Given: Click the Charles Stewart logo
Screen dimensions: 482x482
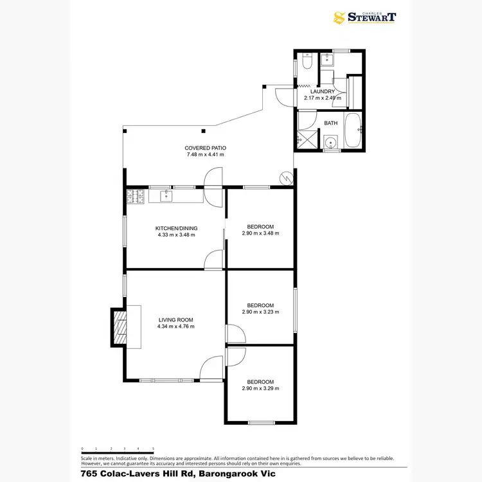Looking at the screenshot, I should pyautogui.click(x=364, y=18).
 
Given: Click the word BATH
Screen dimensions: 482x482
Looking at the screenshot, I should pyautogui.click(x=330, y=123).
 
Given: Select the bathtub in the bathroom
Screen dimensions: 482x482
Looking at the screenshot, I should pyautogui.click(x=353, y=131).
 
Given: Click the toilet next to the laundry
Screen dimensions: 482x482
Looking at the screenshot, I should pyautogui.click(x=307, y=64).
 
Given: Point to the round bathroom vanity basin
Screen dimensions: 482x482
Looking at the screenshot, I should pyautogui.click(x=330, y=143).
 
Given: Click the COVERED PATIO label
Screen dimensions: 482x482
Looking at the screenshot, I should pyautogui.click(x=205, y=148).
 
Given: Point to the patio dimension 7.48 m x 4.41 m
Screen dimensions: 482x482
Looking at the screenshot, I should pyautogui.click(x=205, y=155).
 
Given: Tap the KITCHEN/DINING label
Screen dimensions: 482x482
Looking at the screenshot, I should pyautogui.click(x=176, y=228).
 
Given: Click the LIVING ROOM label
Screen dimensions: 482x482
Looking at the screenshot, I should pyautogui.click(x=175, y=319).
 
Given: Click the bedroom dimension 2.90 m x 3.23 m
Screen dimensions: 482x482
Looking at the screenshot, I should pyautogui.click(x=260, y=312).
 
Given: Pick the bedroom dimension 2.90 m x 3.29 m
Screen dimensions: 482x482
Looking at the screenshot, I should pyautogui.click(x=260, y=388).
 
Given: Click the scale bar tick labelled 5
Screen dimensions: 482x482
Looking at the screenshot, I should pyautogui.click(x=153, y=449).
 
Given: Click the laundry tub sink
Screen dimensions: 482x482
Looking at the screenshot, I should pyautogui.click(x=326, y=61).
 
